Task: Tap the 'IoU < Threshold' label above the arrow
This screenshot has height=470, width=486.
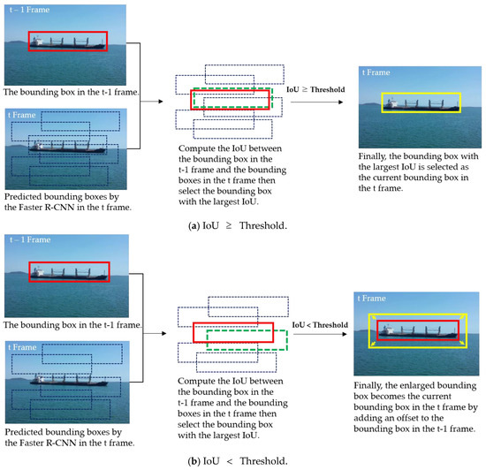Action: coord(315,325)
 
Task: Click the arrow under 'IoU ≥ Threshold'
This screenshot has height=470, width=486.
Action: coord(315,102)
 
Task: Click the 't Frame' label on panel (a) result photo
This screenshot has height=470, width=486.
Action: coord(377,72)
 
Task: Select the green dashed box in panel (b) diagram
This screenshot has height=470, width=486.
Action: coord(247,338)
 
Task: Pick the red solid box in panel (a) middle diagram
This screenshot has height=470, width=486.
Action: coord(230,97)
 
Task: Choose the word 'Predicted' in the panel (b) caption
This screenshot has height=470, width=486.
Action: coord(26,433)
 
